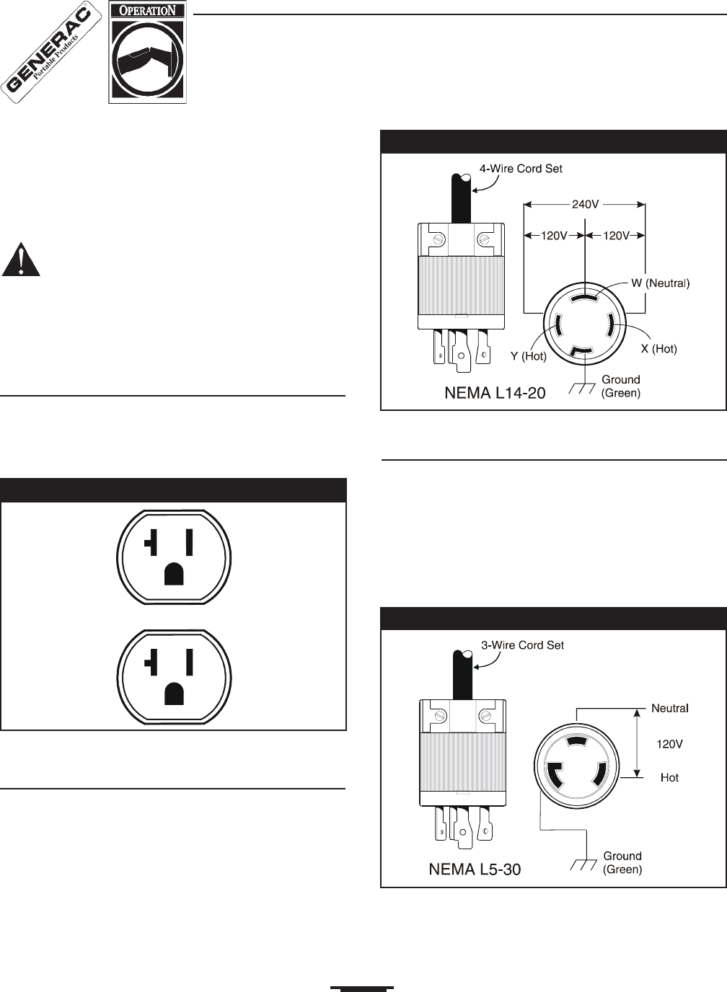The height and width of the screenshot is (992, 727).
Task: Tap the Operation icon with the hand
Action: [147, 52]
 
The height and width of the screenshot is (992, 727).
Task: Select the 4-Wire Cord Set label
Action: [521, 169]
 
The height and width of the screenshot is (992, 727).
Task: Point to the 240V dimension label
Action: [585, 204]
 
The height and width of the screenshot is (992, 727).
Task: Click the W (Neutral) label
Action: [660, 283]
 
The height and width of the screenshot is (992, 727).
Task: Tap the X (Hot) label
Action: [658, 349]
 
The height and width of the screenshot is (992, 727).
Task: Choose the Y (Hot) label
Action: [528, 356]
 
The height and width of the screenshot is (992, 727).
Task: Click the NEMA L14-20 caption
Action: [495, 393]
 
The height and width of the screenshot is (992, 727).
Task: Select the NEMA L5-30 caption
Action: [474, 869]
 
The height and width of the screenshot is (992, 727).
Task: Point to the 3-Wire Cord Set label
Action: [522, 645]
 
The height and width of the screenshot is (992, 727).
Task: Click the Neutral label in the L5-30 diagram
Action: [669, 709]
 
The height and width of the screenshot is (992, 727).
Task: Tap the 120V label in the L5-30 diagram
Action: [669, 744]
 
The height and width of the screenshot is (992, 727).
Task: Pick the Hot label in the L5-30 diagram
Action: [669, 777]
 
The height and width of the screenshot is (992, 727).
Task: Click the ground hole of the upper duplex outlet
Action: [174, 573]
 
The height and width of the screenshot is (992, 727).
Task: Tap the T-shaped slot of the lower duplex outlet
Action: [151, 662]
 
